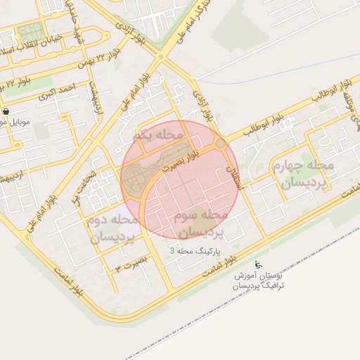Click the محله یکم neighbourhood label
(x=161, y=134)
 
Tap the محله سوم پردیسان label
(x=203, y=221)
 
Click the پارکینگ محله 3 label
(x=196, y=250)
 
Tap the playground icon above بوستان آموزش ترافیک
(x=258, y=265)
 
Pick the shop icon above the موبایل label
(x=6, y=111)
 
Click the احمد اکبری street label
(x=56, y=92)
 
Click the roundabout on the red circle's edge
(x=221, y=143)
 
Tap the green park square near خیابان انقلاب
(x=30, y=32)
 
